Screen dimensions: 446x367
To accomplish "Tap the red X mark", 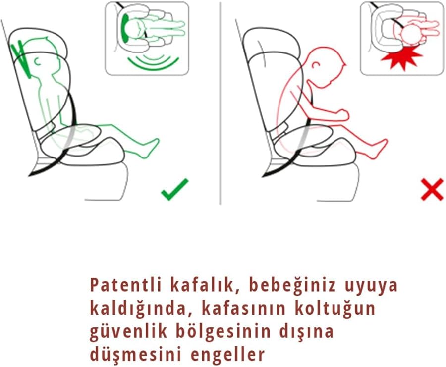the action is [x=432, y=189].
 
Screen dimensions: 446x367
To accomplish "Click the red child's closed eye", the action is [x=315, y=66].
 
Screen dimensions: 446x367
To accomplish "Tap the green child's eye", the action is [x=37, y=61].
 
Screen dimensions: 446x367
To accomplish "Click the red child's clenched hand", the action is [x=341, y=114].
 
